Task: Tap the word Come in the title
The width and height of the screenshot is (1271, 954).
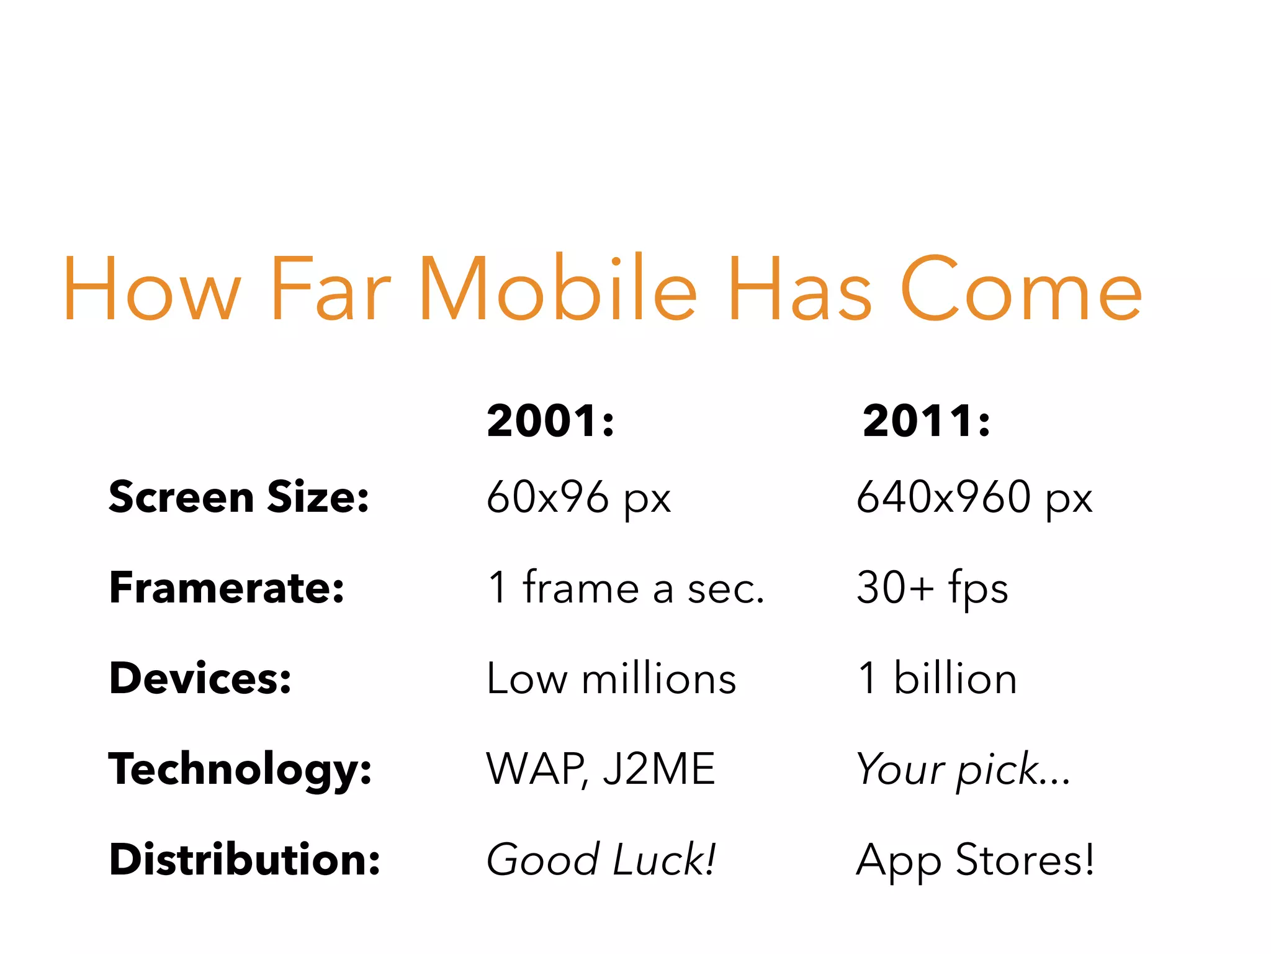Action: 1020,290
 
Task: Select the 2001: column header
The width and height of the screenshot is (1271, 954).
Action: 550,421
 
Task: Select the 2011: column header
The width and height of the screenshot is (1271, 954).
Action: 926,421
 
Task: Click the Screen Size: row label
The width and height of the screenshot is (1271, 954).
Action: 239,497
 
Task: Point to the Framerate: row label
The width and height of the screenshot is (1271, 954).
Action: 227,588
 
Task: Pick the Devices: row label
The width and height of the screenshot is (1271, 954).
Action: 200,678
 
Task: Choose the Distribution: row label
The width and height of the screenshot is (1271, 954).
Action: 245,860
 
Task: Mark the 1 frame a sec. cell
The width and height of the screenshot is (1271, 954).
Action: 626,588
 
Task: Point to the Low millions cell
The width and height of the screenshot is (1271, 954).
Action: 611,678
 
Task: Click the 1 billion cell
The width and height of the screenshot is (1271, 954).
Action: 937,678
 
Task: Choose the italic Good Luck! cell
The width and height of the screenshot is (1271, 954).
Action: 601,860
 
